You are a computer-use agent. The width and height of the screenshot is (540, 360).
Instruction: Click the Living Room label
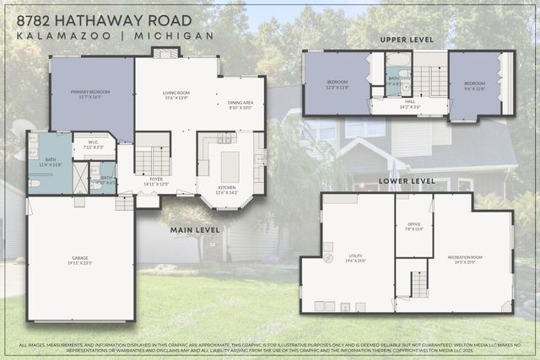pos(175,96)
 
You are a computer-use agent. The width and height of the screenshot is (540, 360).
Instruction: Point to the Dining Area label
pos(240,105)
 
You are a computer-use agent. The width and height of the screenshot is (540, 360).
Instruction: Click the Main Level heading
pos(195,229)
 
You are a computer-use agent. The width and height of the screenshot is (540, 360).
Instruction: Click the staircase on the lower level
pos(418,285)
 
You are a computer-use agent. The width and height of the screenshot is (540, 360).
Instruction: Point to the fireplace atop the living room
pos(166,53)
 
